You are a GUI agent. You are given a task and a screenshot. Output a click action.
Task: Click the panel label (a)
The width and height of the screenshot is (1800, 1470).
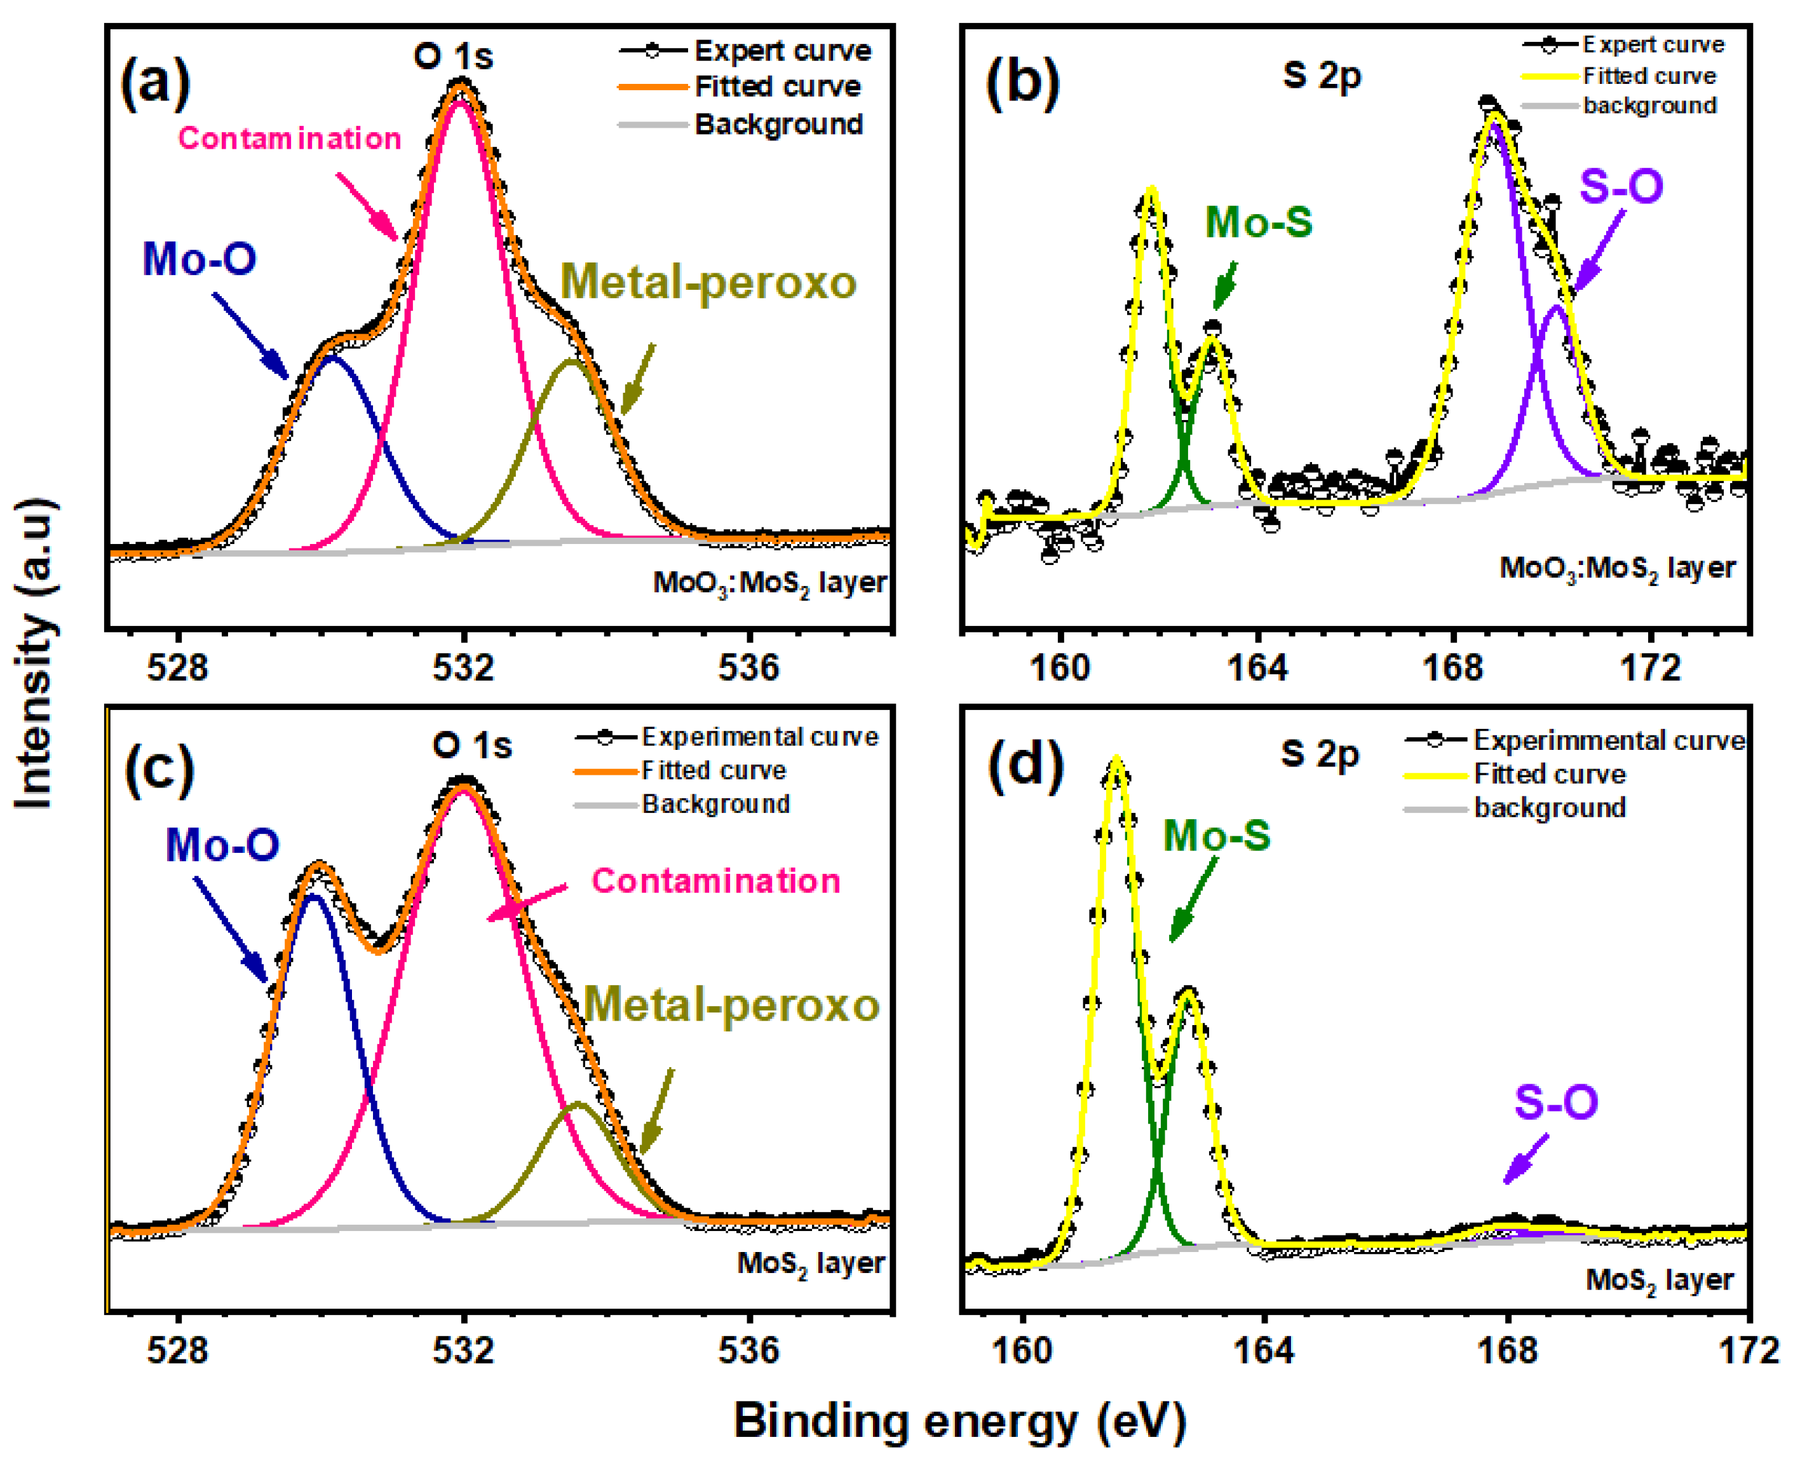tap(156, 85)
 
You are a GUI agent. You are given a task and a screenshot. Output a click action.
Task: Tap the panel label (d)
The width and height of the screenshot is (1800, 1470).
tap(1025, 767)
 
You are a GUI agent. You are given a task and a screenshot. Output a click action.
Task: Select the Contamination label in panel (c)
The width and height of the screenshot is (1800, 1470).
tap(715, 881)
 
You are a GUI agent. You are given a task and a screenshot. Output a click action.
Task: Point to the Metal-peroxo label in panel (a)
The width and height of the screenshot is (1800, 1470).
tap(708, 283)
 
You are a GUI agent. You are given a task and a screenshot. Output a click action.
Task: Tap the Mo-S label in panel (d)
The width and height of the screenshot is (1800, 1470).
tap(1217, 836)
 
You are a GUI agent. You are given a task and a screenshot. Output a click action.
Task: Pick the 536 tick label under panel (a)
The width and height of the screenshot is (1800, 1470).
tap(748, 668)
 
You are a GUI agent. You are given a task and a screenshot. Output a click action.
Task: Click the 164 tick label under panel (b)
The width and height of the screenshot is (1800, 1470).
tap(1257, 668)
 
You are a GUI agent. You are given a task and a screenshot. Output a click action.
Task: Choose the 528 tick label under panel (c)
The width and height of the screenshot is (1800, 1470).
tap(177, 1350)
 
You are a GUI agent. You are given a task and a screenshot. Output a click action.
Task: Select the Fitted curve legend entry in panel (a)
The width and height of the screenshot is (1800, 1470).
tap(776, 86)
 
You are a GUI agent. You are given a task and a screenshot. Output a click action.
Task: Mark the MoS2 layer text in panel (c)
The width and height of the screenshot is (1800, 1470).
tap(810, 1264)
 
